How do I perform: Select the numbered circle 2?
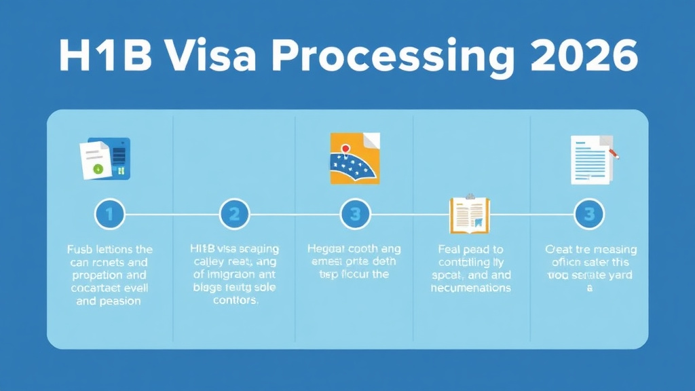tap(234, 215)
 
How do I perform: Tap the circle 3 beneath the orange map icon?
tap(355, 215)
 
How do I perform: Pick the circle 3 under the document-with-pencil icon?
tap(589, 215)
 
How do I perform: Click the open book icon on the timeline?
tap(469, 215)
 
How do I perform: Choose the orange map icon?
tap(355, 158)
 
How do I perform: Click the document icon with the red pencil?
tap(592, 159)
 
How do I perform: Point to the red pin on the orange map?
tap(345, 148)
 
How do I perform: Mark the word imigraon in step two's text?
tap(234, 275)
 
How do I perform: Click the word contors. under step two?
tap(235, 301)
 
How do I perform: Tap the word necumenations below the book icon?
tap(469, 288)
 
